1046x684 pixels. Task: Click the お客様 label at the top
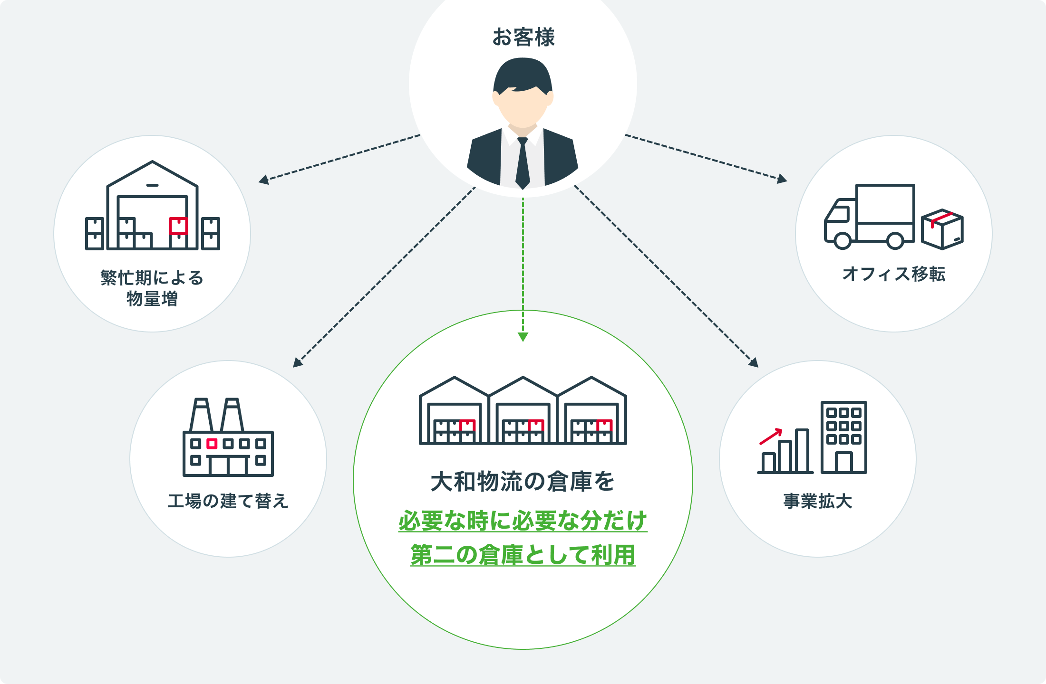coord(523,37)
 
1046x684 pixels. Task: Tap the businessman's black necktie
coord(523,164)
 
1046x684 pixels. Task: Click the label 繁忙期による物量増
coord(152,288)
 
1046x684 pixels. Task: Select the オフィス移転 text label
coord(894,274)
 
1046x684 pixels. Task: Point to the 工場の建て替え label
coord(228,501)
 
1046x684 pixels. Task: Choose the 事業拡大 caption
coord(818,501)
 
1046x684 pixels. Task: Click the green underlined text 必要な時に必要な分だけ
coord(523,521)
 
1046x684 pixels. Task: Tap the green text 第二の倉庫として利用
coord(523,555)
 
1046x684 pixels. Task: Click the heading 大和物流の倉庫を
coord(523,482)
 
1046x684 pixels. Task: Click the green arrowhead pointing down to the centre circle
coord(523,337)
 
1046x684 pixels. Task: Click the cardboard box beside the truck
coord(942,229)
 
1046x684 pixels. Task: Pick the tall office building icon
coord(844,437)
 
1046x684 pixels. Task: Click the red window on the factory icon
coord(212,444)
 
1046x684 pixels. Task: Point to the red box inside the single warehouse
coord(178,226)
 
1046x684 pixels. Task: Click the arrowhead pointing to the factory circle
coord(298,362)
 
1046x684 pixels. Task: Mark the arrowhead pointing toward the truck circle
coord(782,180)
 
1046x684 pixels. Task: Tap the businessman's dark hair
coord(523,74)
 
